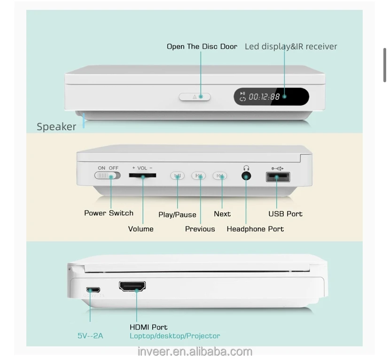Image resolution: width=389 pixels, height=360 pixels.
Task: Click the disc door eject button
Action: pyautogui.click(x=194, y=97)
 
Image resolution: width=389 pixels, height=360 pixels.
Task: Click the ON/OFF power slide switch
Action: pyautogui.click(x=108, y=176)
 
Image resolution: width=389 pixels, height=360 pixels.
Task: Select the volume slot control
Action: pyautogui.click(x=142, y=176)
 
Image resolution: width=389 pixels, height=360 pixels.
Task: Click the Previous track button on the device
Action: pyautogui.click(x=199, y=176)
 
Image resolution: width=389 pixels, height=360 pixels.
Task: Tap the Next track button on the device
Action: pyautogui.click(x=220, y=176)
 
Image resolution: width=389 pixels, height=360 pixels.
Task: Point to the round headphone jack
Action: pyautogui.click(x=246, y=176)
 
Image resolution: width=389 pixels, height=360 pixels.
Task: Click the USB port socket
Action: pyautogui.click(x=278, y=177)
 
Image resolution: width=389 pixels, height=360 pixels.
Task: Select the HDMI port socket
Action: pyautogui.click(x=132, y=286)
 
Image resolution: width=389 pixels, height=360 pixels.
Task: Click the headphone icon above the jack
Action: pyautogui.click(x=246, y=168)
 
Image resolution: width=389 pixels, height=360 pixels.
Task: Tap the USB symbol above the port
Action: pyautogui.click(x=277, y=168)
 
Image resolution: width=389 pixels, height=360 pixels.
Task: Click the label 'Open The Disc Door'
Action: pyautogui.click(x=202, y=47)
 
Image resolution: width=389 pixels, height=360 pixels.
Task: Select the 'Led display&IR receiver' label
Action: pyautogui.click(x=291, y=47)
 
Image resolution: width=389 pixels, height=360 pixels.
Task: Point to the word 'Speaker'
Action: pyautogui.click(x=56, y=126)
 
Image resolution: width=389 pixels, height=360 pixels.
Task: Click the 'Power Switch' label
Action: pyautogui.click(x=109, y=213)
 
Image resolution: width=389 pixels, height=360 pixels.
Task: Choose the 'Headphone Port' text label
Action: pyautogui.click(x=255, y=229)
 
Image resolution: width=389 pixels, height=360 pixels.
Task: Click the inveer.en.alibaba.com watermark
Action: pyautogui.click(x=194, y=352)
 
